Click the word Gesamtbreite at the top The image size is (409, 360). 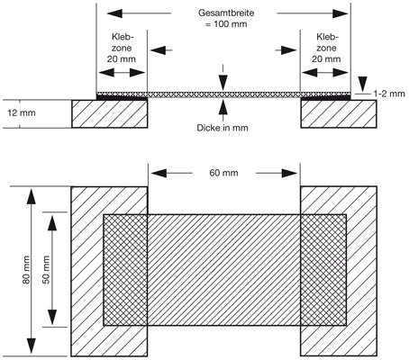point(226,13)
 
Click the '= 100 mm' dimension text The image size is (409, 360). point(226,24)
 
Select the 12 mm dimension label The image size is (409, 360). point(22,113)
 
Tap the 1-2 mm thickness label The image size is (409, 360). point(389,94)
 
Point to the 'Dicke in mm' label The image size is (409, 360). point(223,128)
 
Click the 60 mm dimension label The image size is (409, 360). point(223,173)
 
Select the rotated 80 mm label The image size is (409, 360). point(26,270)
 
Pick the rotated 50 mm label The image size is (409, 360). point(46,270)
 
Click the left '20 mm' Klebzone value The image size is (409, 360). point(122,58)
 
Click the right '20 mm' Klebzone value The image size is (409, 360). point(326,58)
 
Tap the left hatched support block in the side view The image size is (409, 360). point(110,114)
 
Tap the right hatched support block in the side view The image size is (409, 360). point(339,114)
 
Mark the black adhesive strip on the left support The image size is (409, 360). point(122,97)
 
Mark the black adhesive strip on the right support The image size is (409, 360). point(326,97)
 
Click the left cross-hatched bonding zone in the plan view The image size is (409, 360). point(125,270)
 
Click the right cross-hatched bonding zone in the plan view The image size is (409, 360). point(323,270)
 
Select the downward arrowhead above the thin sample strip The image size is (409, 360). point(223,83)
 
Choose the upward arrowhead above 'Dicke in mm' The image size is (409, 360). point(223,107)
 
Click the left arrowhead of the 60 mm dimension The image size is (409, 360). point(159,173)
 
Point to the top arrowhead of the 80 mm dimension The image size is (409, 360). point(31,196)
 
